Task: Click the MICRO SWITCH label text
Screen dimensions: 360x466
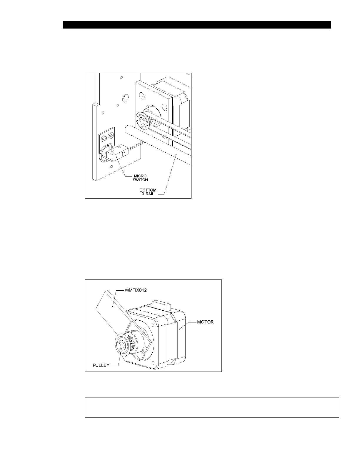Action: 140,178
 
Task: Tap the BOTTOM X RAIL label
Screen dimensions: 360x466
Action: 148,192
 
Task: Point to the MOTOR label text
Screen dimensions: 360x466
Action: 205,322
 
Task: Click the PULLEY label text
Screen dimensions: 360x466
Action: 101,365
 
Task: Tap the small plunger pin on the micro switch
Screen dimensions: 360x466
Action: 124,152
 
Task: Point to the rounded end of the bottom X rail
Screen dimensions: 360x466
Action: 127,129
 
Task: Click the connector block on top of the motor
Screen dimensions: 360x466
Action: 160,304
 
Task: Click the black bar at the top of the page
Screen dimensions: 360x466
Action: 197,25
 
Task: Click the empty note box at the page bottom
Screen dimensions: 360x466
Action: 212,407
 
